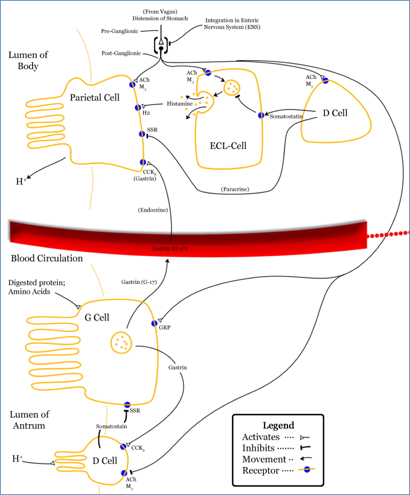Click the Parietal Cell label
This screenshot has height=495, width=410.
click(x=95, y=98)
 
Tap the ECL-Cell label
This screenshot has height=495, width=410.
click(x=228, y=146)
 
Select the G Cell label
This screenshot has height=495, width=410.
click(x=97, y=318)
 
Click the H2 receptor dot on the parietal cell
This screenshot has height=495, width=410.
click(x=138, y=108)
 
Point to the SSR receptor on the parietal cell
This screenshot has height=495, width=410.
click(x=142, y=134)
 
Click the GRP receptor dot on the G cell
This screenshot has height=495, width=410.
click(x=155, y=323)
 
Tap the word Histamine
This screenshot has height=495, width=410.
click(x=179, y=104)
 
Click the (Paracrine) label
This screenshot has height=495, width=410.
click(x=235, y=189)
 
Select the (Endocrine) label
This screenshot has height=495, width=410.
click(x=153, y=210)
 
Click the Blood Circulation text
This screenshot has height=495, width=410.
click(x=47, y=259)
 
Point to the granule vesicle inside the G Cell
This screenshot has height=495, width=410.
click(x=121, y=342)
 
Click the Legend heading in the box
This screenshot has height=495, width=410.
click(x=278, y=425)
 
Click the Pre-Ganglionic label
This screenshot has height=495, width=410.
click(x=119, y=31)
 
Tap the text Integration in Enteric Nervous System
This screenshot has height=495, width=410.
click(x=232, y=24)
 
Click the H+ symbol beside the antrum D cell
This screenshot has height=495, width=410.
click(x=17, y=459)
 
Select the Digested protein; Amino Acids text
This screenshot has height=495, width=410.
click(x=36, y=287)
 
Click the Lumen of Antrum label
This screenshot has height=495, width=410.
click(x=29, y=420)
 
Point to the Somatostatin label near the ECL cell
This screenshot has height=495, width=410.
click(x=286, y=116)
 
